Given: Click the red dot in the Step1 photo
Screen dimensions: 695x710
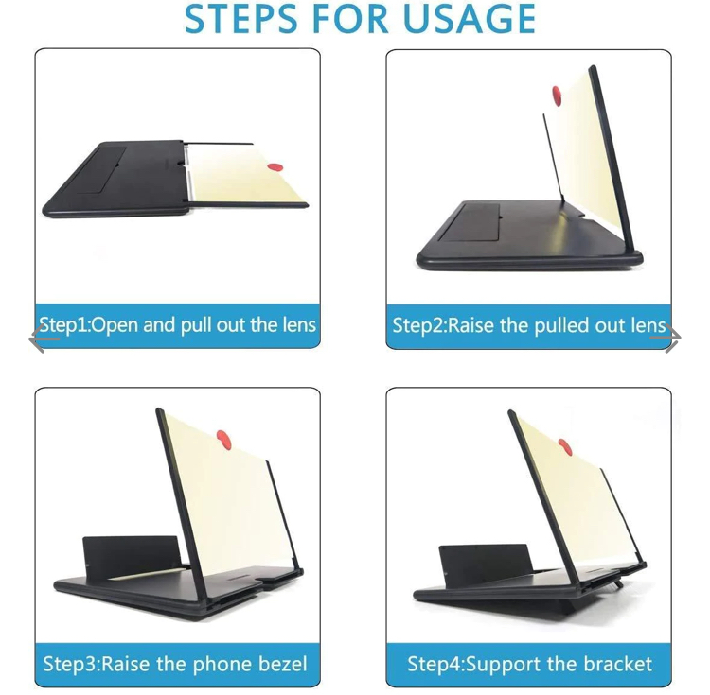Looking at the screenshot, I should click(x=275, y=167).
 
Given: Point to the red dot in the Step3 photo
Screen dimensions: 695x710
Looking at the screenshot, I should click(x=224, y=438).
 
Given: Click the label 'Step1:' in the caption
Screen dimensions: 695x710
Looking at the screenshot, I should click(x=63, y=325).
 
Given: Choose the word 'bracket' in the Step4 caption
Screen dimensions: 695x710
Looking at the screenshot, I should click(x=618, y=664).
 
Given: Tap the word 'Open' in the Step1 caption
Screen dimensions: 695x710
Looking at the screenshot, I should click(x=115, y=325).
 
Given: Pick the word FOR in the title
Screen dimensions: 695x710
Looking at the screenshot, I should click(x=358, y=20).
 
